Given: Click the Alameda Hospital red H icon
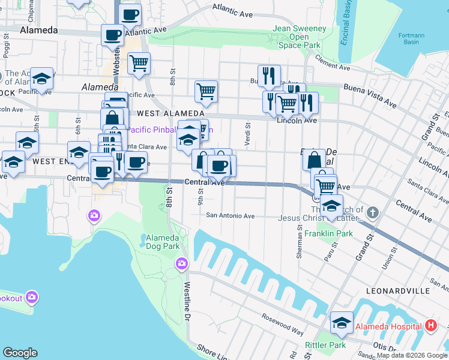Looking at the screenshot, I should click(x=430, y=326).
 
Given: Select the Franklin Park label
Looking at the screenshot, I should click(x=328, y=233).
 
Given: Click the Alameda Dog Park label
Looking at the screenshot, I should click(x=163, y=242).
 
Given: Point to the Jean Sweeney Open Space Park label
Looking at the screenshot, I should click(x=300, y=37).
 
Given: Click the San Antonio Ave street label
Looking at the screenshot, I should click(x=231, y=216).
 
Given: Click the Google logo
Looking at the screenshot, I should click(x=20, y=353).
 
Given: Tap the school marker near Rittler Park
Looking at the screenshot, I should click(x=342, y=323).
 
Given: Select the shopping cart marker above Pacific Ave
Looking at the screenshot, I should click(x=205, y=91).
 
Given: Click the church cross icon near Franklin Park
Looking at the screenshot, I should click(x=373, y=212).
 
